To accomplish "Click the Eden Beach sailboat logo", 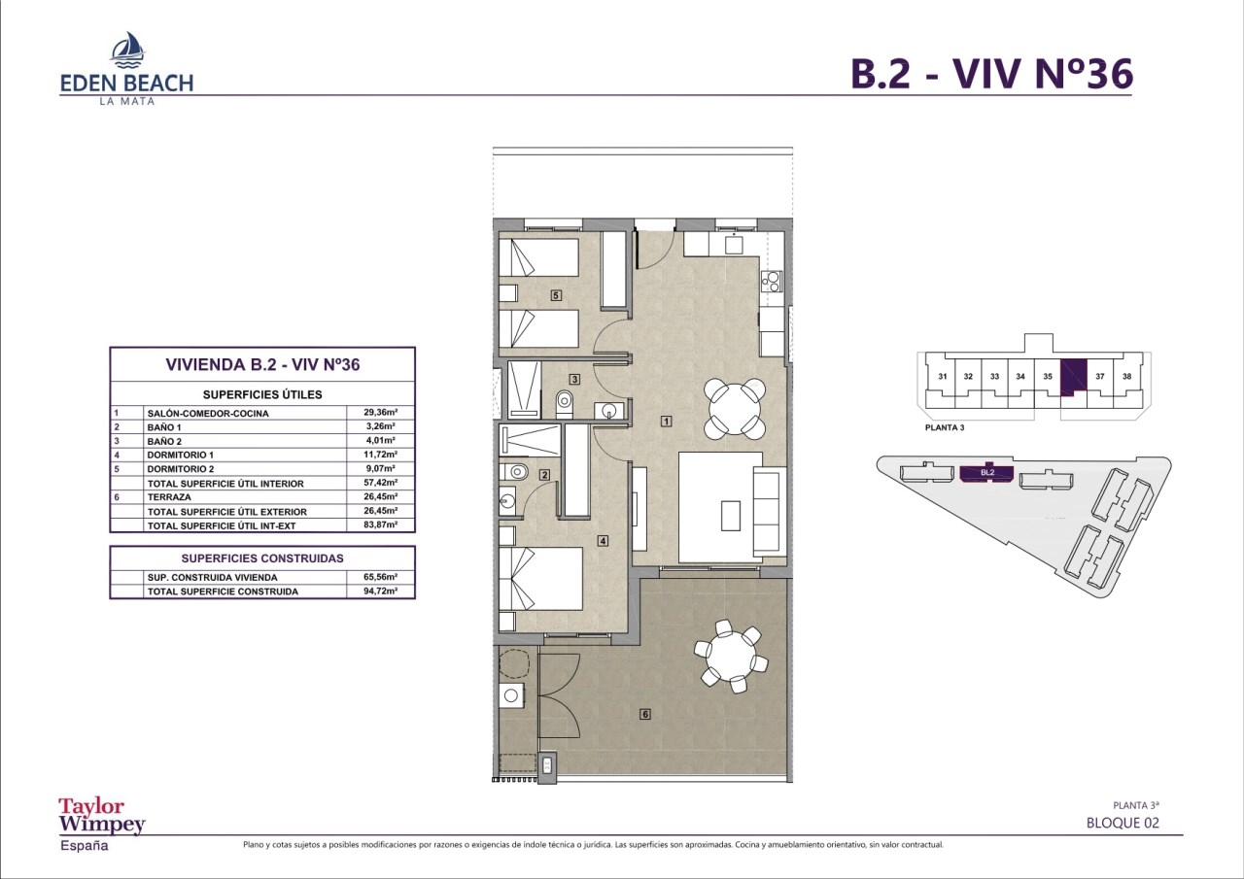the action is (x=127, y=50).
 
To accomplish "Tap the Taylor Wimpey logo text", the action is (x=102, y=815).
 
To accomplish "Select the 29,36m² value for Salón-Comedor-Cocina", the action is (x=380, y=413).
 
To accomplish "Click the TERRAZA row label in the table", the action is (x=169, y=497).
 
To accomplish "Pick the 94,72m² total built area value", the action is (x=380, y=591).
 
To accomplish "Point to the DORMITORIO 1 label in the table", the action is (x=181, y=455).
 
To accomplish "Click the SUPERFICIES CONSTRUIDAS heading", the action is (x=262, y=558).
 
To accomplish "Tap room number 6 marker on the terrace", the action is (x=644, y=714).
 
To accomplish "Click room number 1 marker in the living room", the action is (x=666, y=422).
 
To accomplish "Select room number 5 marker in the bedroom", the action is (x=556, y=295).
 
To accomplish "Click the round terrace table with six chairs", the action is (x=731, y=656).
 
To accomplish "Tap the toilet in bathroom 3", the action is (x=565, y=404).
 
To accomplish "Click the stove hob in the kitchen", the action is (x=771, y=282).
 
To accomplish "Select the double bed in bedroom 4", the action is (x=540, y=579).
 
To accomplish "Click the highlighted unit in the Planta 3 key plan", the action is (x=1072, y=378).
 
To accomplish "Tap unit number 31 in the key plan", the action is (x=943, y=376).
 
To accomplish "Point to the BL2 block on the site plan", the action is (x=986, y=473).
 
